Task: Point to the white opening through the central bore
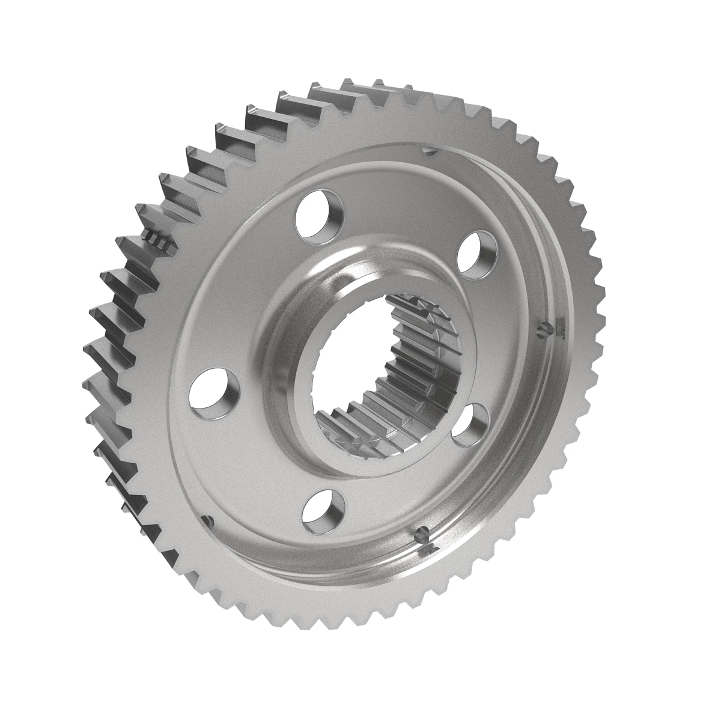coord(348,373)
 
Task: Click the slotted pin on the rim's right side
coord(543,329)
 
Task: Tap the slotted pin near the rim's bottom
coord(422,531)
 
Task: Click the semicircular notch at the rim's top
coord(427,150)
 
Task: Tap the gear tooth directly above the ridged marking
coord(153,210)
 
